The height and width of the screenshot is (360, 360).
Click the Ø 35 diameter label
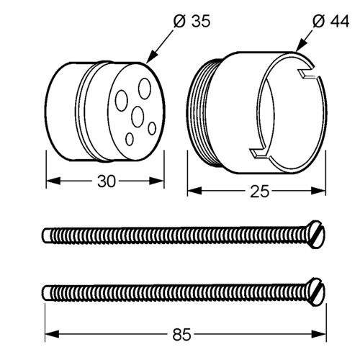(192, 21)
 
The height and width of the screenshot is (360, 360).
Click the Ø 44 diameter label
(330, 21)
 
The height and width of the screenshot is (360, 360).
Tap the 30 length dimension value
(107, 181)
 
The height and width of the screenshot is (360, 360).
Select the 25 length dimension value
(260, 192)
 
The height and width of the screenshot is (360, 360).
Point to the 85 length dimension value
(182, 334)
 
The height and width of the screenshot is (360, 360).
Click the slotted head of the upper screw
(315, 234)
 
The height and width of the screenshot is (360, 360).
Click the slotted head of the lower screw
(315, 292)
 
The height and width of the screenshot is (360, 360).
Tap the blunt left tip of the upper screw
(45, 235)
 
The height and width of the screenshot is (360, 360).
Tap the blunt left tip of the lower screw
(45, 293)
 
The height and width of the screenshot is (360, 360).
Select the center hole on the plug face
(138, 117)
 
